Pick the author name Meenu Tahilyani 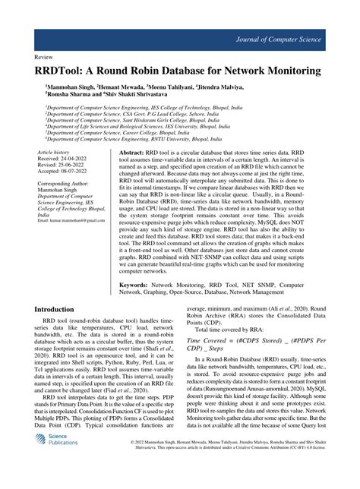tap(185, 87)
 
